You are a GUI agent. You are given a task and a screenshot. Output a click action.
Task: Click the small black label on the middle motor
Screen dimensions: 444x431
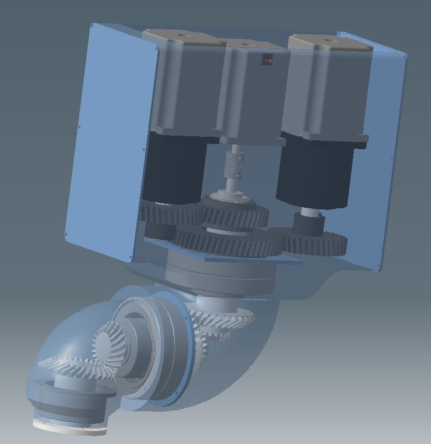coord(268,60)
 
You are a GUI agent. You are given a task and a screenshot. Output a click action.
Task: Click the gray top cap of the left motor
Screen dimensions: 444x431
coord(182,38)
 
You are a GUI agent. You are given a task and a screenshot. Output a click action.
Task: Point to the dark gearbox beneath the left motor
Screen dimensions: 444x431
coord(174,166)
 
